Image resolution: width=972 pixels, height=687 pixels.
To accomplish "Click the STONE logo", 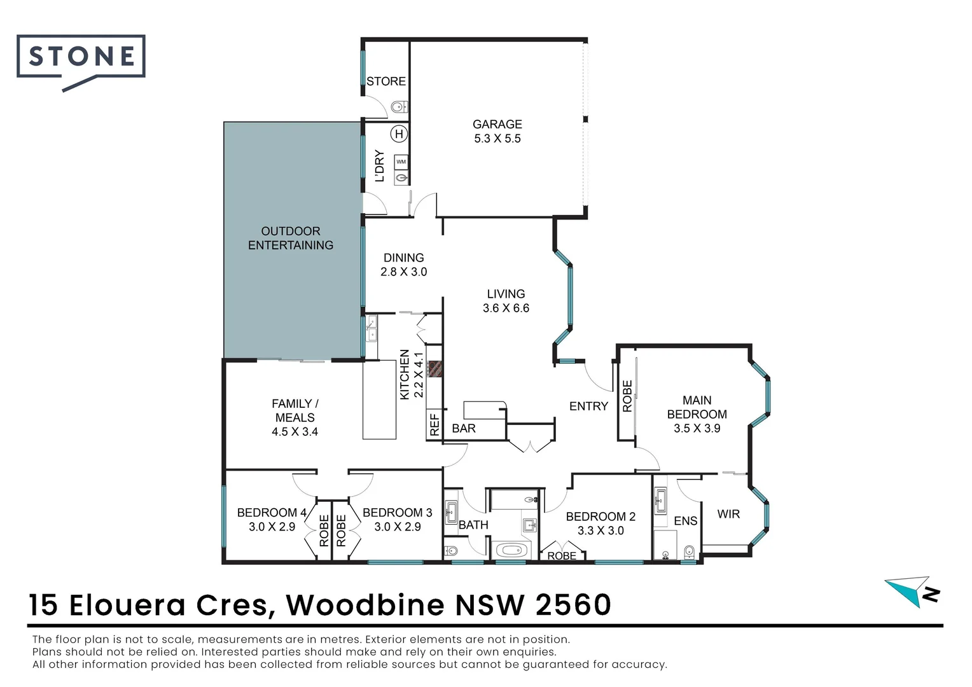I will point(81,57).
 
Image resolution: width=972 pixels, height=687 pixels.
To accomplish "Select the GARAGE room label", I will point(497,125).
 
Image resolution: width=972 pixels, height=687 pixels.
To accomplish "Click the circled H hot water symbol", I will point(399,134).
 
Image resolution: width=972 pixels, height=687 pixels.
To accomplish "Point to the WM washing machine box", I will point(401,162).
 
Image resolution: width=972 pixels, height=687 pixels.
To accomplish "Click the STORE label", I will point(385,81).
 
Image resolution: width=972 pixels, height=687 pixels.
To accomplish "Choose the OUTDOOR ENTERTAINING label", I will point(291,238).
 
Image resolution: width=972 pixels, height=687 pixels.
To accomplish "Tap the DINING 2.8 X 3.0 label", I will point(403,265).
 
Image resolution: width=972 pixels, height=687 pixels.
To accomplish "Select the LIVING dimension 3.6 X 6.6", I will point(506,308).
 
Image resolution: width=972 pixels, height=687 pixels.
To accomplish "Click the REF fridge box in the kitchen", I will point(434,424).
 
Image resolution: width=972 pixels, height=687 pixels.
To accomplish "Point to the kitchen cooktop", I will point(435,369).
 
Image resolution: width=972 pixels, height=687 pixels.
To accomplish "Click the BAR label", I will point(463,429).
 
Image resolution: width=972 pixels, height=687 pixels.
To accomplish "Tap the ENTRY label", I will point(588,406).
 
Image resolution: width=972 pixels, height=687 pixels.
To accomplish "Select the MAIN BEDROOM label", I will point(697,407).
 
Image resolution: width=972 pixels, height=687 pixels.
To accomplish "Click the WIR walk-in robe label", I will point(728,514).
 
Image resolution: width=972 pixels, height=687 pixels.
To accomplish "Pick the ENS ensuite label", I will point(685,521).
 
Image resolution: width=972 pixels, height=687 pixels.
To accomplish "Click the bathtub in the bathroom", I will point(513,550).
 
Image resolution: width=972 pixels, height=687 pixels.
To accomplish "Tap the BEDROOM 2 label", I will point(600,517).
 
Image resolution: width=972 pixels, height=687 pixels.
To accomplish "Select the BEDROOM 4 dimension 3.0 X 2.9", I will point(272,527).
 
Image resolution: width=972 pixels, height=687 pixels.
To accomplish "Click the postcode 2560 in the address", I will point(573,605).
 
